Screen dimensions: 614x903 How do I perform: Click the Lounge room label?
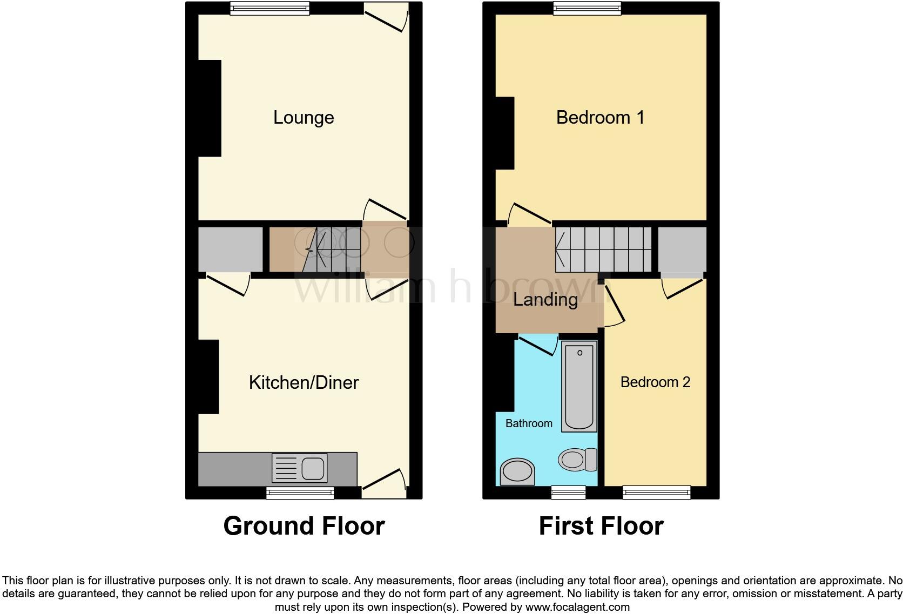click(304, 117)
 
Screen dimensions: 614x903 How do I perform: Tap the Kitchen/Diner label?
click(304, 382)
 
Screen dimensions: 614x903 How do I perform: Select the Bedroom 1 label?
click(600, 117)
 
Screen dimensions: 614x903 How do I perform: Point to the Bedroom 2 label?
click(655, 382)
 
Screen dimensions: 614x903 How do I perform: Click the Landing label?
click(545, 300)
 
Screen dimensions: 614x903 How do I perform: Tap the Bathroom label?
click(529, 423)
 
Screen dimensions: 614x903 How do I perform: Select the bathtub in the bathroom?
click(579, 386)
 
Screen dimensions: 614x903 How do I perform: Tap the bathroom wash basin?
click(517, 471)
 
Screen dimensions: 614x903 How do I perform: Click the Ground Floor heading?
click(304, 526)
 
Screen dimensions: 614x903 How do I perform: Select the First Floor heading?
click(601, 526)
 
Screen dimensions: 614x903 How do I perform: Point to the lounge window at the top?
click(269, 8)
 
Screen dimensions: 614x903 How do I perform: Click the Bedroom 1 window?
click(587, 8)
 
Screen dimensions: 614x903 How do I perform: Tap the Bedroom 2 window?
click(656, 492)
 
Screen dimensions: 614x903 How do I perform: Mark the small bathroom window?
click(568, 492)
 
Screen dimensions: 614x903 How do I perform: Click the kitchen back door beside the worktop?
click(384, 483)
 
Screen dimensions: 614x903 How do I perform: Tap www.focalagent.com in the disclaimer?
click(577, 607)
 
